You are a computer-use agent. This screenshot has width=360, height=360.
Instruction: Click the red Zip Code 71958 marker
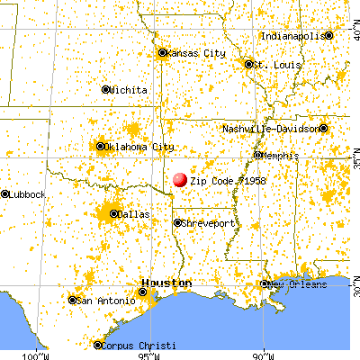[x=180, y=180]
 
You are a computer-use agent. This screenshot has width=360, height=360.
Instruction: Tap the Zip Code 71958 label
[x=229, y=180]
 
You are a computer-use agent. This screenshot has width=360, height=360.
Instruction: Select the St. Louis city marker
[x=248, y=64]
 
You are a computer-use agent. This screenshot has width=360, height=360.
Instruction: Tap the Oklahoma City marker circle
[x=101, y=146]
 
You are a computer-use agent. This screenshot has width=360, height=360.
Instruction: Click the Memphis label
[x=279, y=156]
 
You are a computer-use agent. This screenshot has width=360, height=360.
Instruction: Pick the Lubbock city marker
[x=4, y=193]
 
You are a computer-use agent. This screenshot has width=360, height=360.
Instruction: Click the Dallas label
[x=133, y=214]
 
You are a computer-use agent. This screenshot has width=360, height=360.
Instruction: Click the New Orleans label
[x=296, y=284]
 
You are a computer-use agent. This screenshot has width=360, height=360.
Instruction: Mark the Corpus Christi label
[x=134, y=345]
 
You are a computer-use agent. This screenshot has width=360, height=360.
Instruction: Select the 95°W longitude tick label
[x=149, y=353]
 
